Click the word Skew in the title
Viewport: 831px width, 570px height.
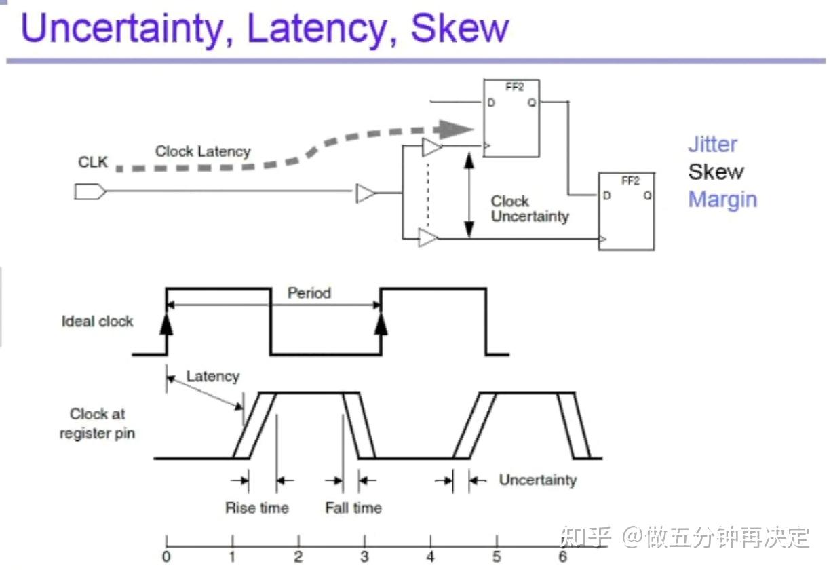pos(460,28)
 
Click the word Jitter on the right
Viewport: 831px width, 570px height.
pos(712,144)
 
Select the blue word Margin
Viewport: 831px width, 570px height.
pos(722,199)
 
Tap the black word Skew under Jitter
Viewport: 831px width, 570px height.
pos(716,172)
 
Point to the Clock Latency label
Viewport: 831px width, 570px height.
pos(203,151)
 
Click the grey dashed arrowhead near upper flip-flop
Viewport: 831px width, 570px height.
pos(455,128)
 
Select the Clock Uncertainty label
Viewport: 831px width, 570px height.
pos(530,209)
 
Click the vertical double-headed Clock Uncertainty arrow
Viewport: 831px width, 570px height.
pos(467,194)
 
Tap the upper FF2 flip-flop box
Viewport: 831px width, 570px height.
pos(511,118)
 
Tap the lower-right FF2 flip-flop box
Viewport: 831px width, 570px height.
pos(626,211)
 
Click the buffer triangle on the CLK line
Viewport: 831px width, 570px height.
pos(366,193)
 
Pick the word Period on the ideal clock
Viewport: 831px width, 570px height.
pos(309,293)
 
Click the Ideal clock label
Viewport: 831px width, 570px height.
pos(97,322)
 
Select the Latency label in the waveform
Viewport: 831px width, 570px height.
pos(212,376)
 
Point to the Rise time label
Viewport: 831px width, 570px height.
pos(256,508)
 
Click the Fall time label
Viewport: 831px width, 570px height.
pos(353,508)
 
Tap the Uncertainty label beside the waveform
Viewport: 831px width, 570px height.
pos(537,480)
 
